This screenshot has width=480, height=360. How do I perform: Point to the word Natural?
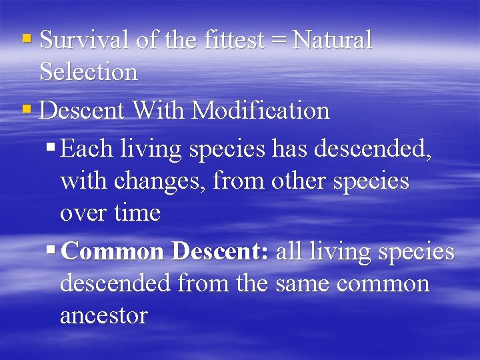click(x=332, y=41)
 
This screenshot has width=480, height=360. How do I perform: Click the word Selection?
click(x=89, y=72)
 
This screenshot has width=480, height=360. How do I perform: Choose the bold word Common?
click(x=115, y=252)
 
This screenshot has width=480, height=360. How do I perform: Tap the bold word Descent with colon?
click(x=220, y=252)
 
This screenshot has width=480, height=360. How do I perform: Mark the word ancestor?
click(x=103, y=316)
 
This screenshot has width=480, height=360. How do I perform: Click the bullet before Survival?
click(x=27, y=40)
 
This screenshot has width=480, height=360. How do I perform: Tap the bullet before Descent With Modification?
click(x=27, y=109)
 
